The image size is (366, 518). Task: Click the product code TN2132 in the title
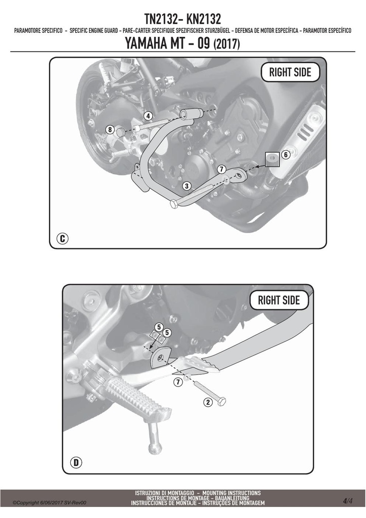[x=161, y=19]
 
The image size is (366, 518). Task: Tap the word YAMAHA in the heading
[x=146, y=44]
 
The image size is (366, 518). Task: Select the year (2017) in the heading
[x=227, y=44]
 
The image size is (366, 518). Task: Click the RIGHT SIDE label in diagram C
[x=290, y=72]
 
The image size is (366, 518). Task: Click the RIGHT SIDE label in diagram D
[x=279, y=300]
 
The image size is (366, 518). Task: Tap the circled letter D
[x=76, y=462]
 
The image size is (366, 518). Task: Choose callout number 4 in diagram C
[x=148, y=116]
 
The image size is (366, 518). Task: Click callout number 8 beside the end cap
[x=110, y=129]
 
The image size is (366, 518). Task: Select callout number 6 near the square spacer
[x=286, y=154]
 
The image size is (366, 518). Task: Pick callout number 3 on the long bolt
[x=187, y=186]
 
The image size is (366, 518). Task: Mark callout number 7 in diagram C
[x=221, y=169]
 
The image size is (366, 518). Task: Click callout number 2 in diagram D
[x=208, y=402]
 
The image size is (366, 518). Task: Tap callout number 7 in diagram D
[x=178, y=382]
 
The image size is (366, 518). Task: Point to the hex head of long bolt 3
[x=174, y=204]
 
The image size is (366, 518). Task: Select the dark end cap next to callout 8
[x=121, y=132]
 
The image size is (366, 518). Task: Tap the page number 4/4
[x=347, y=501]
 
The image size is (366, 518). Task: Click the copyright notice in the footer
[x=50, y=503]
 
